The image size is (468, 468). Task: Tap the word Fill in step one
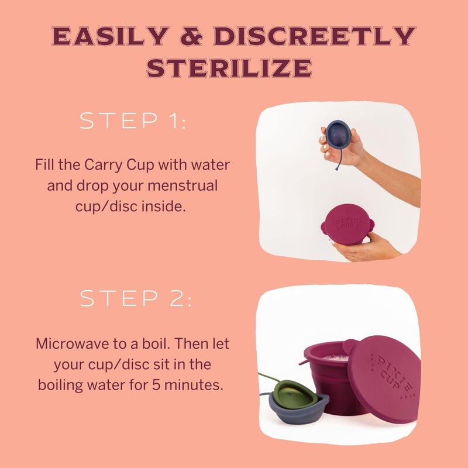(46, 164)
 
